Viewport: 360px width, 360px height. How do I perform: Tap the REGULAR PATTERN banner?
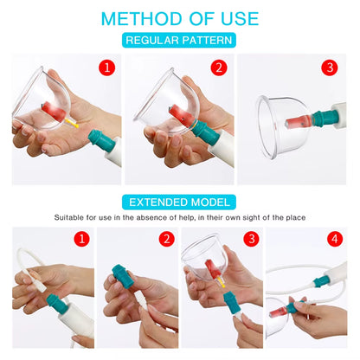click(x=179, y=40)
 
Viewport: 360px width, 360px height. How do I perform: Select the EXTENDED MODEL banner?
click(x=179, y=202)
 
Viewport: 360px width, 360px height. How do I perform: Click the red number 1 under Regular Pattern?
click(x=107, y=67)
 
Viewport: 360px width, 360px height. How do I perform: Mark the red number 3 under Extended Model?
click(x=250, y=239)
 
